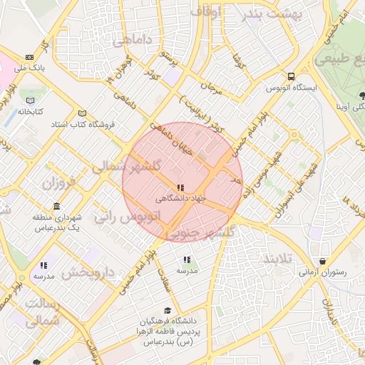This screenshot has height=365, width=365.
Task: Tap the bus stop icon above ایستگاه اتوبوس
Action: (291, 76)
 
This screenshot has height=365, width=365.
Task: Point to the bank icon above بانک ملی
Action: (29, 57)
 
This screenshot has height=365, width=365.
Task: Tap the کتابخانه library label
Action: (31, 112)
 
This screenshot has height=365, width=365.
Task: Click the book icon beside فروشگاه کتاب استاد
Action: (82, 113)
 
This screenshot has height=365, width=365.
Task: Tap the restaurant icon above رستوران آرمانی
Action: (324, 260)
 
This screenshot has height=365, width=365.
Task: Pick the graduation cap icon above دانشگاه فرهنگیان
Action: (167, 311)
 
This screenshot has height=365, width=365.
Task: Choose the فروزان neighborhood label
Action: (58, 183)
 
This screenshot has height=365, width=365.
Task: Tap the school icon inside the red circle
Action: (180, 188)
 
